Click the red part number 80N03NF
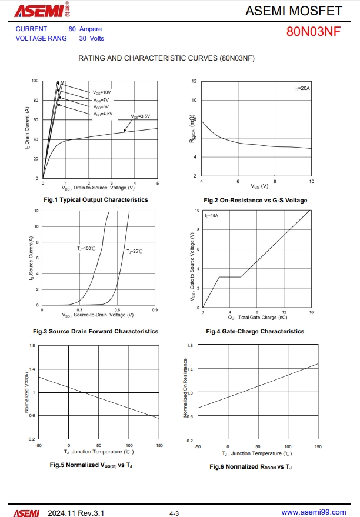313,32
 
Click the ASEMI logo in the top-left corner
34,11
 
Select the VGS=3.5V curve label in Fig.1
140,116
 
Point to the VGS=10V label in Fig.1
102,93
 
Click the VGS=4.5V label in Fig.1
103,114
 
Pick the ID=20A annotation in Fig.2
302,88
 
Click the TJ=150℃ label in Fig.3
86,249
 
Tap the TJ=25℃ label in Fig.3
135,252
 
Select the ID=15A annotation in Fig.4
212,216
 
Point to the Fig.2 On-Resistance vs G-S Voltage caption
255,201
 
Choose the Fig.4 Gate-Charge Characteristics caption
255,332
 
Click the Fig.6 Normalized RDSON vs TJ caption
251,467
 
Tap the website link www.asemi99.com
314,513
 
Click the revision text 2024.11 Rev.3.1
76,513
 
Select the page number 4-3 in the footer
174,513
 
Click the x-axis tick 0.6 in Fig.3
117,309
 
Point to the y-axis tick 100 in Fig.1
35,81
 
